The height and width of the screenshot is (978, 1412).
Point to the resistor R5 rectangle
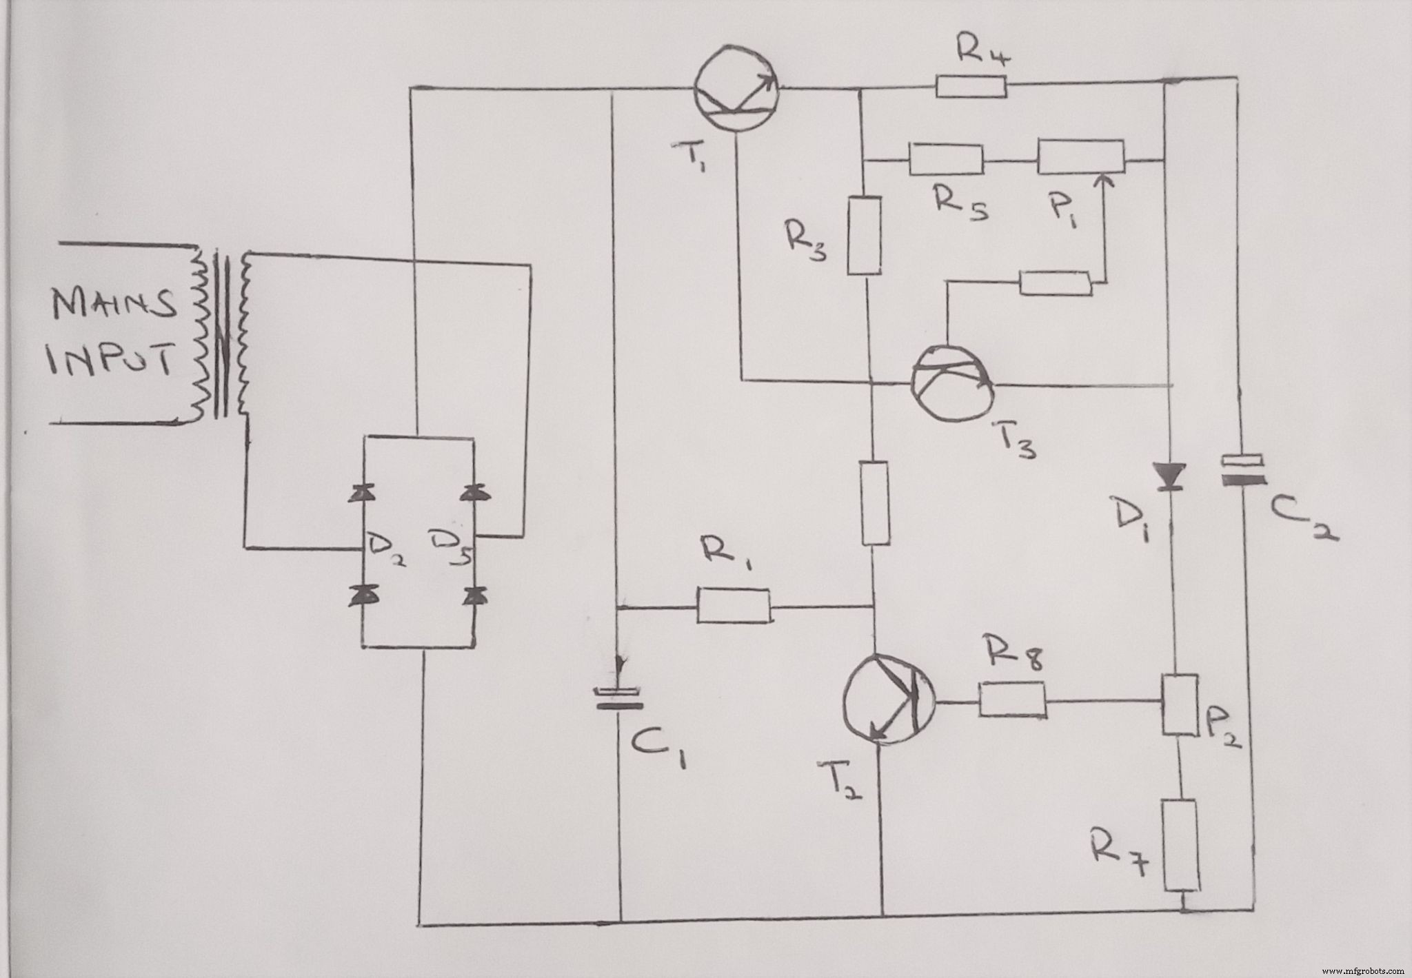coord(946,159)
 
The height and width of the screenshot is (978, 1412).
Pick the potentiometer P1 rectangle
coord(1080,158)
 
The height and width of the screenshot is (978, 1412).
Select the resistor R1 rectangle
coord(734,606)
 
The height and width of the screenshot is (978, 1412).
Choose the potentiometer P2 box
coord(1178,705)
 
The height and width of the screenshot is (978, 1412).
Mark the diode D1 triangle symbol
coord(1169,476)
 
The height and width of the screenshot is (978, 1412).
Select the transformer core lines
coord(221,336)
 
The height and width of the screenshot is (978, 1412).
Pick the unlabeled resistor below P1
coord(1056,284)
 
